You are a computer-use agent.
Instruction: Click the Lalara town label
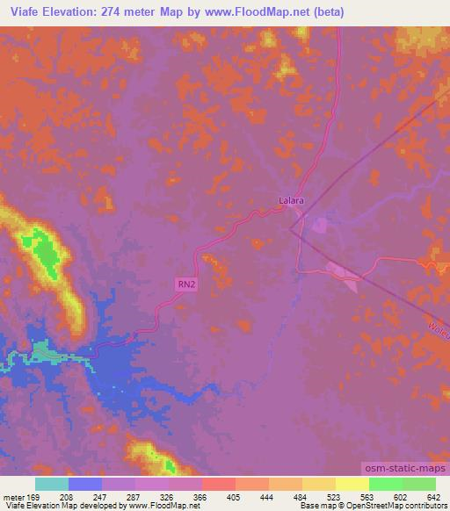(291, 200)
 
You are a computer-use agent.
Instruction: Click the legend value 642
(432, 495)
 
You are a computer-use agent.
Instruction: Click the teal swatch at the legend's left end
(52, 483)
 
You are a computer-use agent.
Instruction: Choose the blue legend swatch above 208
(85, 483)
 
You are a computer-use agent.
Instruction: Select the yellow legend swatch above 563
(352, 483)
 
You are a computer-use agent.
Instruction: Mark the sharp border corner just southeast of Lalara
(291, 227)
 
